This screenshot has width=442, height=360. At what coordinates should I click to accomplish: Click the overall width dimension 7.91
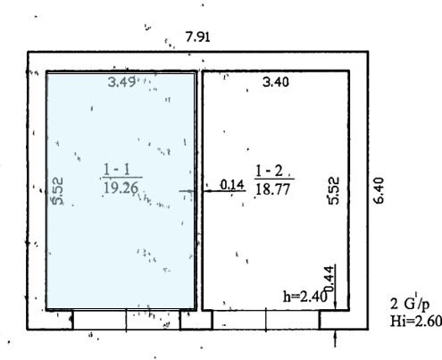tap(197, 37)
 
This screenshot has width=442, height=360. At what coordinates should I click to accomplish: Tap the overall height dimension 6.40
tap(379, 190)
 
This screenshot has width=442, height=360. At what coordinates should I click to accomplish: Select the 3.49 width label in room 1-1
tap(121, 81)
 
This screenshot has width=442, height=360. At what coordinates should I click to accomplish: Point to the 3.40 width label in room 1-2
tap(276, 81)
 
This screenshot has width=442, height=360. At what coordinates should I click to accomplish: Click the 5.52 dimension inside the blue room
tap(58, 191)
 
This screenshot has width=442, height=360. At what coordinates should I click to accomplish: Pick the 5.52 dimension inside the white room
tap(334, 190)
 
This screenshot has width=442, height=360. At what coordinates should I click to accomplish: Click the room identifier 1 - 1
tap(117, 170)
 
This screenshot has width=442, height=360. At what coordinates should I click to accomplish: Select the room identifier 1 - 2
tap(269, 171)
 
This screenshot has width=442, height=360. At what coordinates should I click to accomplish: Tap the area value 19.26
tap(121, 188)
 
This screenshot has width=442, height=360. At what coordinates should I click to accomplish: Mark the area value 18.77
tap(272, 189)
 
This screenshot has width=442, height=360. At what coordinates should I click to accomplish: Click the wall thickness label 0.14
tap(232, 185)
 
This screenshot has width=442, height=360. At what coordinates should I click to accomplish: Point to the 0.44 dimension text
tap(329, 279)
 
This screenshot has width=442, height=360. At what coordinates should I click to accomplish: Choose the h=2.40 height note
tap(305, 297)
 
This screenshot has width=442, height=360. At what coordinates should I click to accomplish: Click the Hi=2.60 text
tap(416, 322)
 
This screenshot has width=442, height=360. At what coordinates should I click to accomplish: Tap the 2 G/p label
tap(410, 304)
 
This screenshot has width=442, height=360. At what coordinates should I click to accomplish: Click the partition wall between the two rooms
tap(199, 190)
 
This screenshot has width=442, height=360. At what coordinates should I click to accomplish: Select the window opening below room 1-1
tap(127, 320)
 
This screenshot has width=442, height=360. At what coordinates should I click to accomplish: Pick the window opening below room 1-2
tap(266, 320)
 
